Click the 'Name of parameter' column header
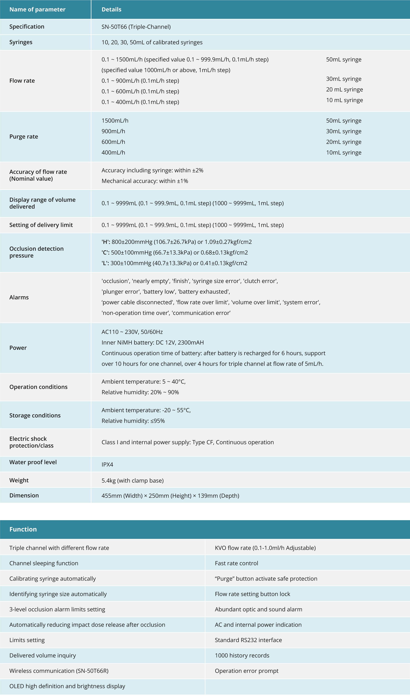(x=37, y=9)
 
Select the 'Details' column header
(x=111, y=9)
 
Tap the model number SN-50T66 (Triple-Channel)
(x=136, y=27)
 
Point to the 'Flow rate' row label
(x=22, y=81)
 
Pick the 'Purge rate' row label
(x=24, y=137)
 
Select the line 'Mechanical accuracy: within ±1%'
(x=145, y=181)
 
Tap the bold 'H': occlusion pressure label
(x=106, y=242)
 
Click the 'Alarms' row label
(x=19, y=297)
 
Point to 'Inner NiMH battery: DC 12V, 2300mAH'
(x=153, y=342)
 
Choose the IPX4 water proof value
(x=107, y=464)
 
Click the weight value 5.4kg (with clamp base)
(x=132, y=480)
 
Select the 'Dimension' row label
(x=24, y=495)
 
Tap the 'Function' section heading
(x=23, y=529)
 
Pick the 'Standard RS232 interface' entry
(x=248, y=640)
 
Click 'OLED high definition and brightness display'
(x=67, y=686)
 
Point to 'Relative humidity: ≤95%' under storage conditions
(x=133, y=421)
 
